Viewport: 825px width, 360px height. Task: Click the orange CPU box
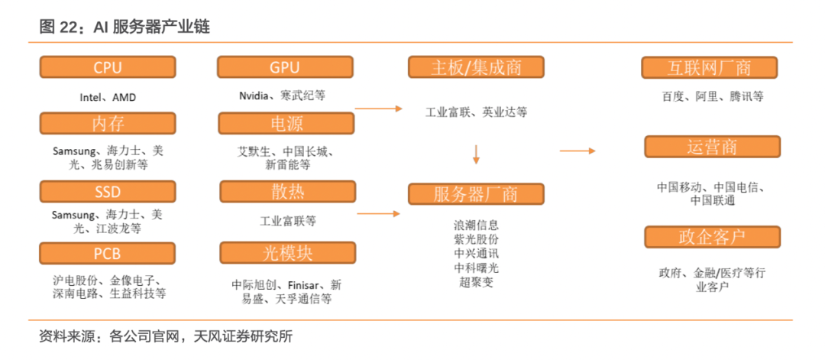coord(107,67)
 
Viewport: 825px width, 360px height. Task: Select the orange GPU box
coord(285,67)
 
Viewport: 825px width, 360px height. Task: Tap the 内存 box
coord(107,123)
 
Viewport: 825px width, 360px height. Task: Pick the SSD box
coord(107,191)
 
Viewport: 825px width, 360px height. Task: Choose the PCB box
coord(107,253)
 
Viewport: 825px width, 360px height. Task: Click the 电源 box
coord(286,123)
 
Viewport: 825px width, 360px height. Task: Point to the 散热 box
coord(287,192)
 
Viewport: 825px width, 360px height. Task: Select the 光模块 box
coord(287,253)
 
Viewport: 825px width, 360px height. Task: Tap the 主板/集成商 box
coord(476,67)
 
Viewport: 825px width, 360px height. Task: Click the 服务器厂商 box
coord(476,194)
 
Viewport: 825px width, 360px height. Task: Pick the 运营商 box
coord(712,147)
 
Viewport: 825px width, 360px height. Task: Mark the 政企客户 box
coord(712,237)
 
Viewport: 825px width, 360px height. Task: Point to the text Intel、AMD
coord(108,97)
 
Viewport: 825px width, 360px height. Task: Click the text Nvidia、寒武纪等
coord(282,96)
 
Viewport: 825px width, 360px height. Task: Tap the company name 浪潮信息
coord(476,225)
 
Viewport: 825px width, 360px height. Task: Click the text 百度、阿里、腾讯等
coord(713,96)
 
